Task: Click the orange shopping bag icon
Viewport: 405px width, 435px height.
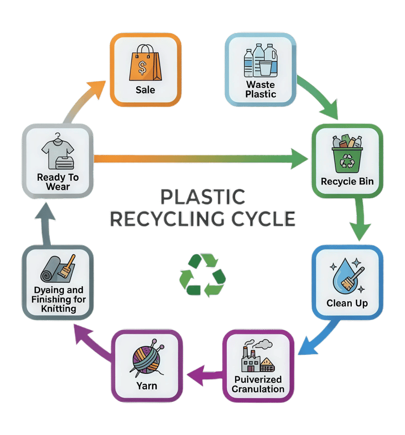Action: click(x=144, y=62)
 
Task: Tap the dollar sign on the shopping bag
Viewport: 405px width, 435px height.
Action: click(x=142, y=66)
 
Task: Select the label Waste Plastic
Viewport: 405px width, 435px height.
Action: click(x=261, y=90)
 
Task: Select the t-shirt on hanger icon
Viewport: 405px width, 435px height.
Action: click(x=57, y=151)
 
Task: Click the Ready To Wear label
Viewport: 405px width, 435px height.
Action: click(x=58, y=182)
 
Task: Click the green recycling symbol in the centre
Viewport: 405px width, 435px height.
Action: click(x=202, y=275)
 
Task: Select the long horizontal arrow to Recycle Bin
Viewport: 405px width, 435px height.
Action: click(x=200, y=158)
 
